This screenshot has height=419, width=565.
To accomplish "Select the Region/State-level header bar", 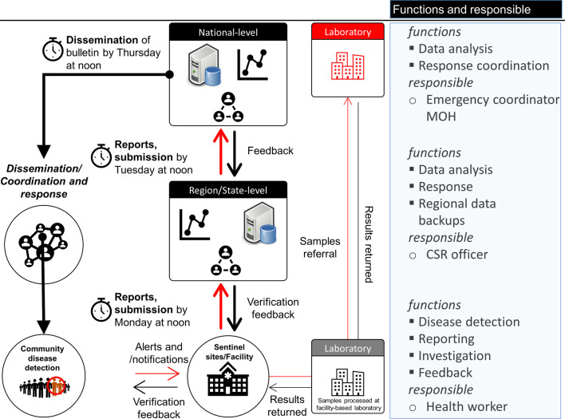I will pyautogui.click(x=229, y=192).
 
